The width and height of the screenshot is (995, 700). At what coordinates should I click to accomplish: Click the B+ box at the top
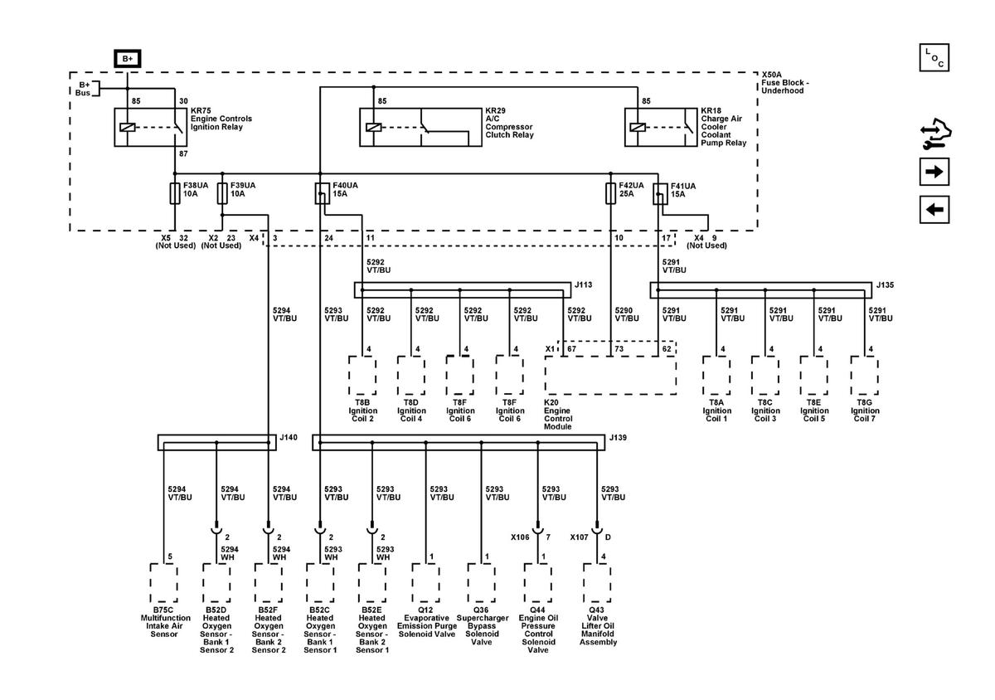coord(128,59)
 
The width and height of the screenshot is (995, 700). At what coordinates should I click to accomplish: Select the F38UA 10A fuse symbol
coord(175,193)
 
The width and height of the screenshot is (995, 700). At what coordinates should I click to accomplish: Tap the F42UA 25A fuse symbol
coord(611,193)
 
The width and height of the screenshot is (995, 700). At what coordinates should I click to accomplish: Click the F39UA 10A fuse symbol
coord(222,193)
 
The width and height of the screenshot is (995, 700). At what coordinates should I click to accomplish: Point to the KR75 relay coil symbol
coord(128,128)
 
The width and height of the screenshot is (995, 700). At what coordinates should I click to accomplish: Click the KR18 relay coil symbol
coord(638,128)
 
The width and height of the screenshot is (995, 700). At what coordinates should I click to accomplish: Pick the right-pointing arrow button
coord(934,172)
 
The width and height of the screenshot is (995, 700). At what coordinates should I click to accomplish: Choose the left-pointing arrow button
coord(934,209)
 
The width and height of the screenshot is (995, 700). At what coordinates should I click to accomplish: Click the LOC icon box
coord(934,57)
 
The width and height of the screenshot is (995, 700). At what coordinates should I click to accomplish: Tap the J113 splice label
coord(583,284)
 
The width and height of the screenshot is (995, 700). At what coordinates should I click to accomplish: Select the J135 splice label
coord(885,284)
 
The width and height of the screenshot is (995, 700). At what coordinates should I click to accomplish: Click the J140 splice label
coord(289,437)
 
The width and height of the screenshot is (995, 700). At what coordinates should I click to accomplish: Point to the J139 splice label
coord(618,437)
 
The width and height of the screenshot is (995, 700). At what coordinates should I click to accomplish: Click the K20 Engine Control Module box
coord(611,375)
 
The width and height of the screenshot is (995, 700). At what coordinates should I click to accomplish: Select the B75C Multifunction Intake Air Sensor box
coord(164,583)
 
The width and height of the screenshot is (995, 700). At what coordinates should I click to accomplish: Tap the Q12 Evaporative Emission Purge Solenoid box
coord(425,583)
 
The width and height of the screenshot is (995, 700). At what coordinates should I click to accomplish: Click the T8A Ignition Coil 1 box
coord(716,375)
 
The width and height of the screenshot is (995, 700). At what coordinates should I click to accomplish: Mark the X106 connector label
coord(520,537)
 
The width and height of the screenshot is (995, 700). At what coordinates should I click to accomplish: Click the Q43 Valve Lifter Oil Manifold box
coord(597,583)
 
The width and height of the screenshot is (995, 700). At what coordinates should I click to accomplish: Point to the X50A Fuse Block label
coord(785,83)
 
